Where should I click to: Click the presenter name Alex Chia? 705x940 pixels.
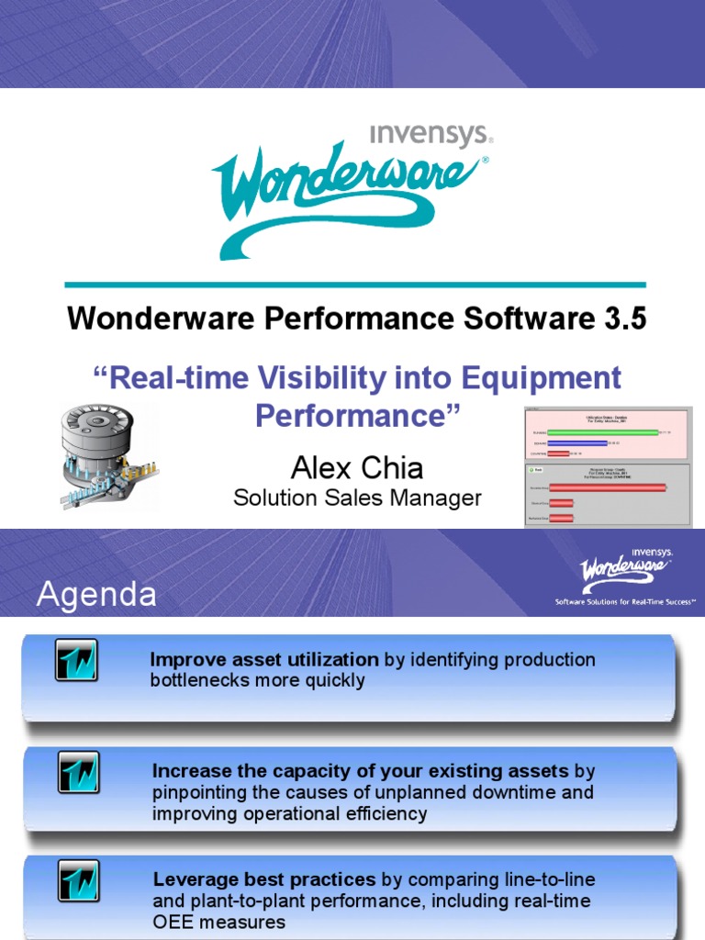click(357, 468)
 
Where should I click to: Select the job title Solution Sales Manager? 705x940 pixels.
click(357, 498)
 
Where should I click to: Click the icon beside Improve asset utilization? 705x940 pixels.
click(76, 659)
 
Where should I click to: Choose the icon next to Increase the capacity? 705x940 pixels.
click(79, 772)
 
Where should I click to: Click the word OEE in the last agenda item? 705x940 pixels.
click(172, 922)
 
